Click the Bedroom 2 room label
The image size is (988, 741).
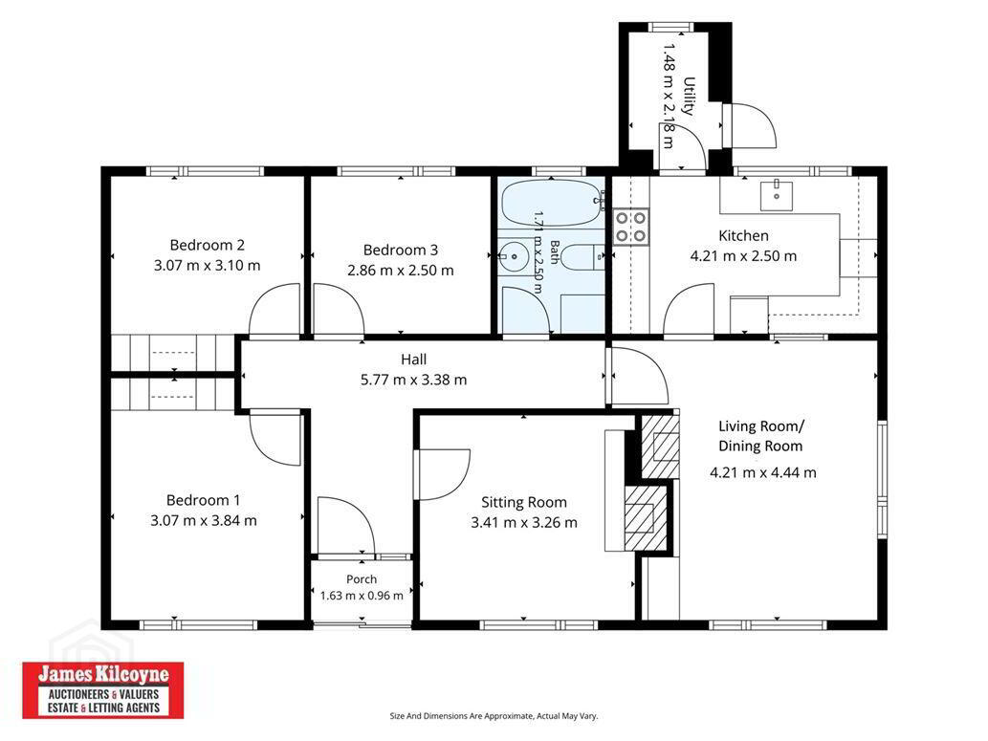207,245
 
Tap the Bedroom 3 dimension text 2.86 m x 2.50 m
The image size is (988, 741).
401,271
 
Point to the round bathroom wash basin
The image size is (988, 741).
514,256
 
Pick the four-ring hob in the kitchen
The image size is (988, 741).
630,227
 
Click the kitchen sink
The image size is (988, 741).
777,194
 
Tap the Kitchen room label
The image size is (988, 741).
743,235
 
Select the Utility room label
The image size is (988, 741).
690,97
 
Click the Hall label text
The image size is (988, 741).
413,360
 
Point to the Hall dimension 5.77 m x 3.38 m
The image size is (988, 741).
413,380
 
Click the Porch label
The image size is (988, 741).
362,579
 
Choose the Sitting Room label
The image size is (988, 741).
523,502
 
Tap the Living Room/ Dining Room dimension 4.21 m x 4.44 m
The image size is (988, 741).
763,472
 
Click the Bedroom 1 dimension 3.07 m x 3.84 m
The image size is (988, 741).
204,520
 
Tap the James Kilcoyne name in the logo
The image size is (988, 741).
103,675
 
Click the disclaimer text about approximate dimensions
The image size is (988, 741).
494,716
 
